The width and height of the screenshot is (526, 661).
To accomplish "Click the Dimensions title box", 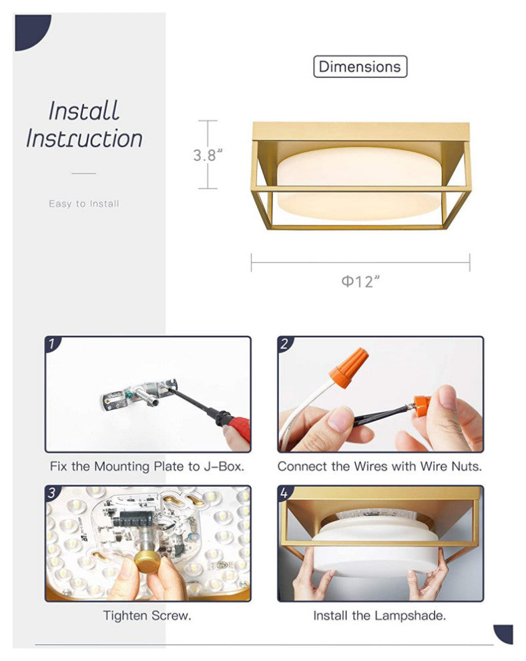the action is (x=360, y=67).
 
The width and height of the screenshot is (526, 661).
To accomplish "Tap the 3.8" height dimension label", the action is (x=208, y=155).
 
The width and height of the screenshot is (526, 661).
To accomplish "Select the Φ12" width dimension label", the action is (x=360, y=281).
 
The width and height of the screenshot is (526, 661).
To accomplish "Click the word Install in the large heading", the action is (x=83, y=111).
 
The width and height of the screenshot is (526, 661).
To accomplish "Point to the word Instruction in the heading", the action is (x=84, y=138).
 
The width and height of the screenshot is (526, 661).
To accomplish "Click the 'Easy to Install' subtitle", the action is (x=84, y=204).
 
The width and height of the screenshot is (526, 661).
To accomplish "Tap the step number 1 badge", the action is (x=52, y=344).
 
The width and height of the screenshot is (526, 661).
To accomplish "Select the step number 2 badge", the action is (x=285, y=344).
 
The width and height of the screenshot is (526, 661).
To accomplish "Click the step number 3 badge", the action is (x=52, y=493).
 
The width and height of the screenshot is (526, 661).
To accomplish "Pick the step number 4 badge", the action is (x=285, y=493).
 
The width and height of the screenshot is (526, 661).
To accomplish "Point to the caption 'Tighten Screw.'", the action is (x=147, y=616).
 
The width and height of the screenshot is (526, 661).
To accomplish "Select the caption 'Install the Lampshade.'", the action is (x=379, y=616).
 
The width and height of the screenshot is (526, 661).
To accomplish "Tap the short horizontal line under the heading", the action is (x=84, y=173).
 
